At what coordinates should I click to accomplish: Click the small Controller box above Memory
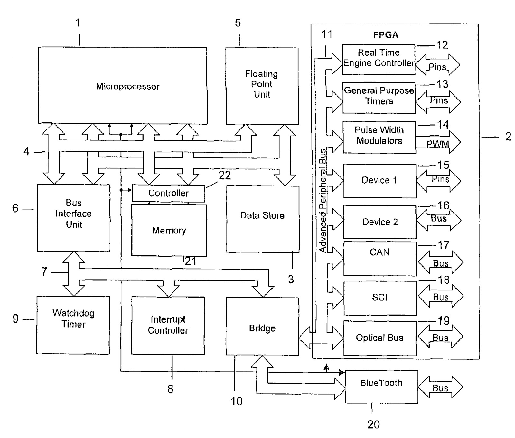pos(168,193)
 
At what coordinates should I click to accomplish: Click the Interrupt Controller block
pos(168,325)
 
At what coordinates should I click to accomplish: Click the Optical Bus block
pos(380,338)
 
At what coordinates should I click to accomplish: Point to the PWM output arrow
pos(438,142)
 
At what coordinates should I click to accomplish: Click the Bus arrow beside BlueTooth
pos(440,387)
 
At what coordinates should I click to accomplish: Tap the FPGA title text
pos(386,35)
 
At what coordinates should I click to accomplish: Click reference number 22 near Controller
pos(225,176)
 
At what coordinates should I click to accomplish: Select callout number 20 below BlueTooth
pos(373,424)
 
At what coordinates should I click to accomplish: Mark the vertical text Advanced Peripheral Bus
pos(323,200)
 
